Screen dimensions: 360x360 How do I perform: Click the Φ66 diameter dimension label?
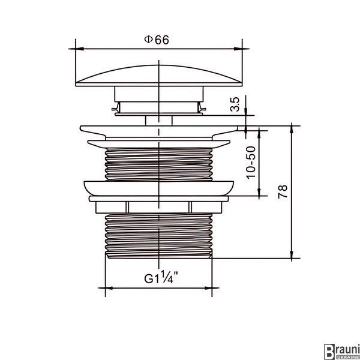(157, 40)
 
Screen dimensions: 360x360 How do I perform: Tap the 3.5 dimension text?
(235, 104)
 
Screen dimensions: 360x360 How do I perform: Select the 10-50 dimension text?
(251, 163)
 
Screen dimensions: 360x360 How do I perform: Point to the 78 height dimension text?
(283, 191)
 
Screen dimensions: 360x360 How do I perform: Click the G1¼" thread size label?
(161, 277)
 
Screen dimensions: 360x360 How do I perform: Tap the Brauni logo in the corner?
(342, 352)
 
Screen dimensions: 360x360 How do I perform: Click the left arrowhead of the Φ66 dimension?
(79, 49)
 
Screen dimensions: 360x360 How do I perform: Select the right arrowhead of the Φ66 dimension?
(238, 49)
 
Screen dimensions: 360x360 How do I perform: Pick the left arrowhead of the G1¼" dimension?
(109, 288)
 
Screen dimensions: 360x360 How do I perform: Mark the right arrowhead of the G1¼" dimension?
(208, 288)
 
